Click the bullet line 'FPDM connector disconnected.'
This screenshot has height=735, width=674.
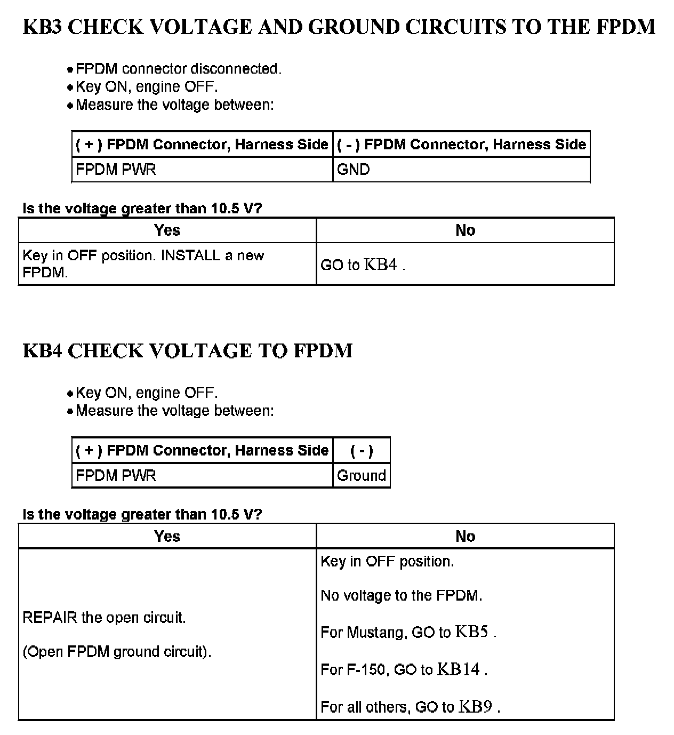point(178,69)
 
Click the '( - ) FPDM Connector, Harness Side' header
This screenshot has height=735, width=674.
point(461,145)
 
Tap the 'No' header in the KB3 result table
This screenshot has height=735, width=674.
point(465,230)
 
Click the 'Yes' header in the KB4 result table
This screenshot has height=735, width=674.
point(167,537)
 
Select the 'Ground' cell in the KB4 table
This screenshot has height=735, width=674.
point(362,476)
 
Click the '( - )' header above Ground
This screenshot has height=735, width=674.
point(362,451)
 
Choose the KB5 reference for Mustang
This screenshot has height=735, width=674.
point(472,632)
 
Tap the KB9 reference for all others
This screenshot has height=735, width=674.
point(475,707)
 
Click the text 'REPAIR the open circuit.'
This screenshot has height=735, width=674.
point(104,618)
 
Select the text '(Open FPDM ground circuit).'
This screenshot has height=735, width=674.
point(117,652)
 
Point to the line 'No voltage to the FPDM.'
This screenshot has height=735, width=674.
point(401,596)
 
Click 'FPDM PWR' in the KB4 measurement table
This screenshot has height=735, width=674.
point(116,476)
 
